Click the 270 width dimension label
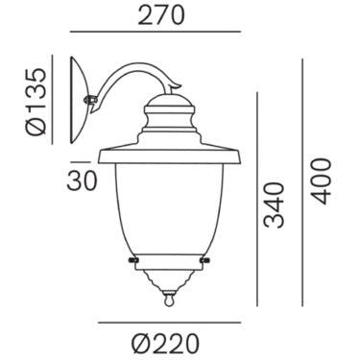(x=161, y=15)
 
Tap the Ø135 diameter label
(x=36, y=102)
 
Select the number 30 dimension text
(x=82, y=180)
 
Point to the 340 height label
(x=274, y=205)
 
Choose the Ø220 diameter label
(x=165, y=344)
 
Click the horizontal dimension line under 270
(x=156, y=32)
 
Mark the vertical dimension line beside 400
(x=302, y=182)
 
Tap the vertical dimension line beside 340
(x=256, y=200)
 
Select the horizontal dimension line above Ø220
(x=169, y=323)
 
